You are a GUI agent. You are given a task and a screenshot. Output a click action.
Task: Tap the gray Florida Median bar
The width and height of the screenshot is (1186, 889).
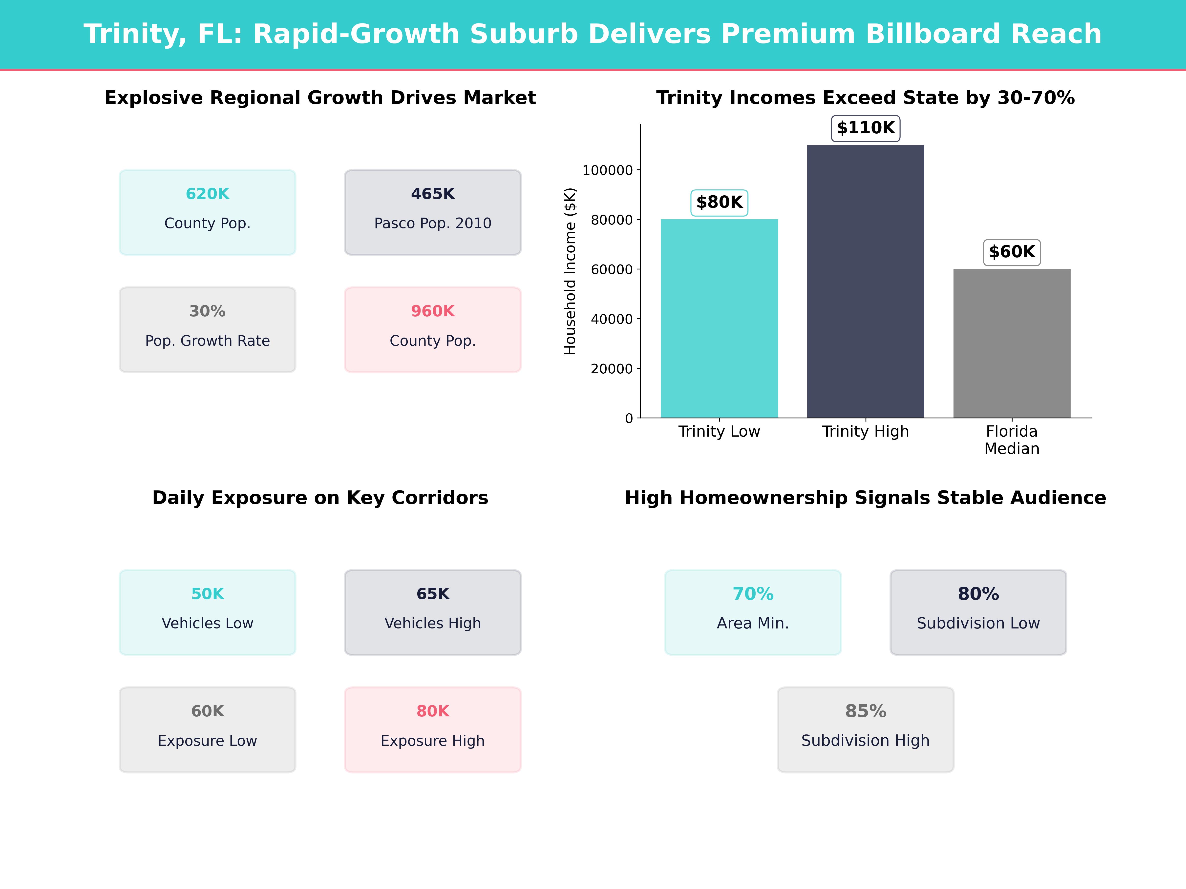tap(1012, 343)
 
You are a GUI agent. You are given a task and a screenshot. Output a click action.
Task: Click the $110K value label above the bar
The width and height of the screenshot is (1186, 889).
tap(865, 128)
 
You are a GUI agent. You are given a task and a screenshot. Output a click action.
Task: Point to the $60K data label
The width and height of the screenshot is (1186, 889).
tap(1012, 252)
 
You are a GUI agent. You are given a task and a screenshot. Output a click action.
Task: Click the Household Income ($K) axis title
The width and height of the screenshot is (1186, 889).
tap(570, 271)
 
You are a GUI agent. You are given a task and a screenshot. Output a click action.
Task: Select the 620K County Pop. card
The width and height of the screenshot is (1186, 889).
tap(208, 212)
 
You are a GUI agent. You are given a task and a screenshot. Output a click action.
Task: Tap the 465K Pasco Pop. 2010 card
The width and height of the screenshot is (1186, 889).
tap(433, 212)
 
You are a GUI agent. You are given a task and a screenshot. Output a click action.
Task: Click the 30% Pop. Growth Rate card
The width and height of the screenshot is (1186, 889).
tap(208, 330)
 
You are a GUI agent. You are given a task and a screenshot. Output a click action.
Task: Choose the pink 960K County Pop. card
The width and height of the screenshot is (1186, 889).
tap(433, 330)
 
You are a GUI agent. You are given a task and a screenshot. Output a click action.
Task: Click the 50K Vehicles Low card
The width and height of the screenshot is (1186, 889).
tap(208, 612)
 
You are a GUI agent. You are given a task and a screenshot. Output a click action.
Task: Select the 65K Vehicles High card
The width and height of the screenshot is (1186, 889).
tap(433, 612)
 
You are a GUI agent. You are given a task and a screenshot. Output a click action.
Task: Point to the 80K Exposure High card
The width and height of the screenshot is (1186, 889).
tap(433, 729)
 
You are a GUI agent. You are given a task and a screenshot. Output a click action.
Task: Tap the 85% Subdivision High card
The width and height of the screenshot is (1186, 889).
tap(865, 729)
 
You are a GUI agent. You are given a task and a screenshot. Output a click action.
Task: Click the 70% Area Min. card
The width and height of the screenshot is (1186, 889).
tap(753, 612)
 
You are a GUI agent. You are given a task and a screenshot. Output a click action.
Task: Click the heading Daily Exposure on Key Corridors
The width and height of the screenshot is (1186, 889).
tap(320, 498)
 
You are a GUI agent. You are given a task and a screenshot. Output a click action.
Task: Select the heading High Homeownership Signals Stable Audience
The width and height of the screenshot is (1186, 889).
tap(865, 498)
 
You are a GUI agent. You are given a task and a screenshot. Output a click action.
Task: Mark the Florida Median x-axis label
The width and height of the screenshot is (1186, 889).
tap(1012, 440)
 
